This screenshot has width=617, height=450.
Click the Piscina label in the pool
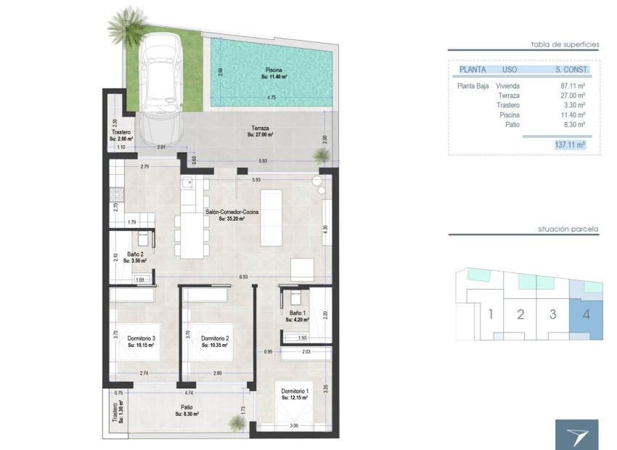[274, 72]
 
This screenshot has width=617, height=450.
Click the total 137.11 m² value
[569, 145]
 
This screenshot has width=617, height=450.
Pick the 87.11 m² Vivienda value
[573, 86]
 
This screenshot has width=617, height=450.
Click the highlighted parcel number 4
[585, 315]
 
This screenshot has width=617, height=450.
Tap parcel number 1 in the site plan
[491, 315]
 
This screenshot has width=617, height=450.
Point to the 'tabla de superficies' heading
[565, 44]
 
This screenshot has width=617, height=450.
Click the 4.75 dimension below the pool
[271, 97]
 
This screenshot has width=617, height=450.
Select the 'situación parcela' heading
[568, 229]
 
